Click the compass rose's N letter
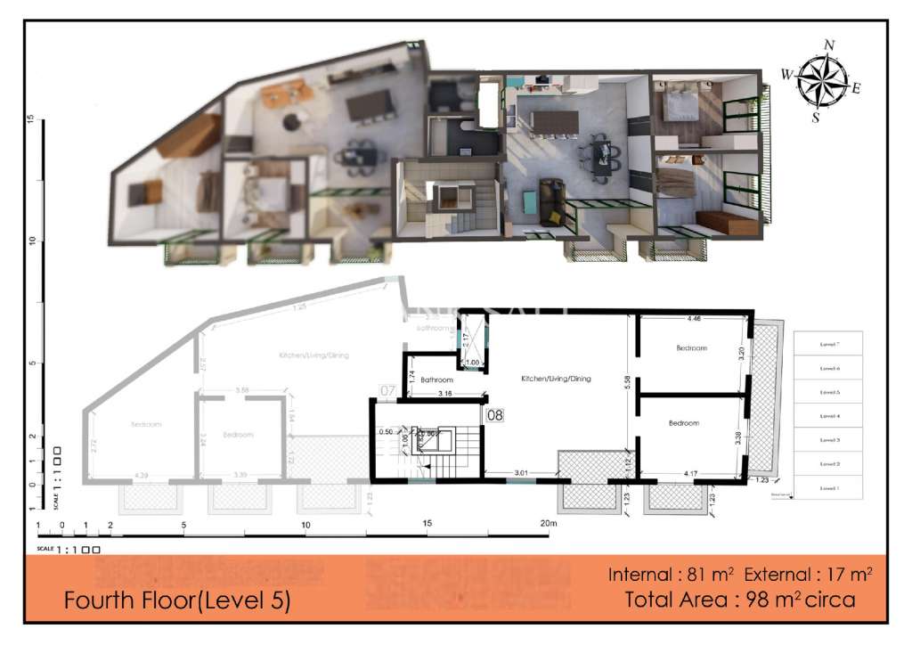(x=829, y=44)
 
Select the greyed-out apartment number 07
(x=387, y=390)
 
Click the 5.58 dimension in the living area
(x=630, y=380)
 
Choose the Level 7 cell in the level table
(x=828, y=343)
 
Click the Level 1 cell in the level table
(x=828, y=488)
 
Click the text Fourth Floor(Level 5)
(x=177, y=601)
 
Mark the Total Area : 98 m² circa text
(x=740, y=600)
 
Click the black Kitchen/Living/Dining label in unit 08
(x=556, y=379)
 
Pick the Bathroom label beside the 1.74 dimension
(x=437, y=379)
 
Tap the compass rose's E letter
(x=856, y=87)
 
